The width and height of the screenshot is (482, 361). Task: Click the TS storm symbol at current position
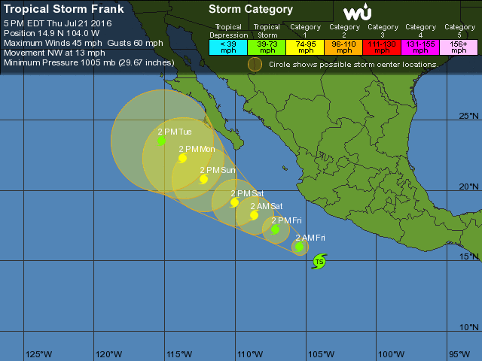pos(319,262)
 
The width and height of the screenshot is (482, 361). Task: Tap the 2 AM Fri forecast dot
pos(300,246)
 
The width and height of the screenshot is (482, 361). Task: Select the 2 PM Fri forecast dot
pos(276,229)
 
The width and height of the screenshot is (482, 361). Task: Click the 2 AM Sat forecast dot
pos(254,215)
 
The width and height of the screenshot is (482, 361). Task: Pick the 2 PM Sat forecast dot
pos(234,202)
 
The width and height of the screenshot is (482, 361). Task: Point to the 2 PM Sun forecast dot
pos(203,179)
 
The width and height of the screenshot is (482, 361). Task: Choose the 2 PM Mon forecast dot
pos(182,158)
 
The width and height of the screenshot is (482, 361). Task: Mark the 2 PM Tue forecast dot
pos(161,141)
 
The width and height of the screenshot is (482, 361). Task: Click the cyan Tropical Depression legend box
pos(228,47)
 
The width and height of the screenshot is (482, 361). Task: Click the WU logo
pos(356,13)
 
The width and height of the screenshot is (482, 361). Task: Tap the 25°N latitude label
pos(469,116)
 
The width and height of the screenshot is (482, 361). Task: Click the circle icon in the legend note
pos(255,64)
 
